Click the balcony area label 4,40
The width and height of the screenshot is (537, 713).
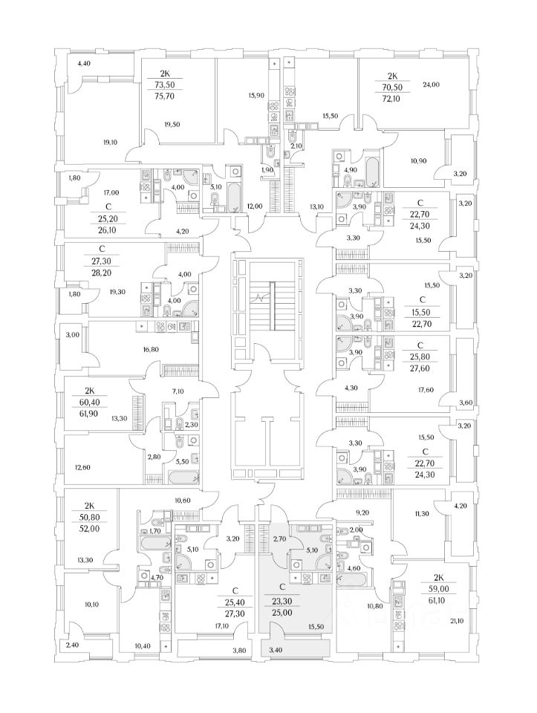pyautogui.click(x=84, y=64)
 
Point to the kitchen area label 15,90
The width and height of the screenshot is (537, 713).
pyautogui.click(x=256, y=96)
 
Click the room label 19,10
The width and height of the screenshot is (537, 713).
pyautogui.click(x=111, y=142)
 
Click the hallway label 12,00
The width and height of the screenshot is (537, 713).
pyautogui.click(x=255, y=206)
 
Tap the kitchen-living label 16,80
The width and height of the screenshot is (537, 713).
pyautogui.click(x=152, y=349)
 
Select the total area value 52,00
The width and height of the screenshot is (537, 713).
pyautogui.click(x=88, y=529)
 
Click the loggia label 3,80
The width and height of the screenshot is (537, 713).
pyautogui.click(x=239, y=651)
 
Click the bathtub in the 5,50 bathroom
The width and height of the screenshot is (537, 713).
pyautogui.click(x=183, y=478)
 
